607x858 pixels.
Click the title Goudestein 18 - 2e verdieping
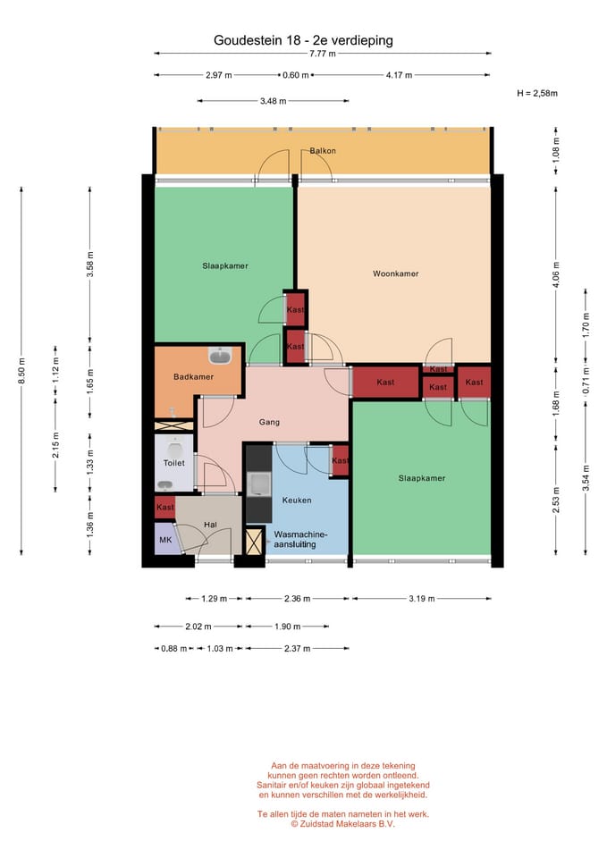click(303, 40)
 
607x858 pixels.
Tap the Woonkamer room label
click(395, 273)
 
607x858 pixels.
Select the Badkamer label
click(193, 376)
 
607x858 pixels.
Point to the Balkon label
click(323, 150)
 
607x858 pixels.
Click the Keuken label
click(297, 500)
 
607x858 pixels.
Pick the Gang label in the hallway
click(269, 422)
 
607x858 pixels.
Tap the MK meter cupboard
click(165, 540)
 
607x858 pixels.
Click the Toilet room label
click(174, 463)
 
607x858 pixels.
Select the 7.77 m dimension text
click(323, 54)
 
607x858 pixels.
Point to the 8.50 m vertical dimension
click(21, 370)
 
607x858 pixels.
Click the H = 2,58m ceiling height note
click(537, 93)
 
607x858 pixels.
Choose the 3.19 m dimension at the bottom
click(421, 599)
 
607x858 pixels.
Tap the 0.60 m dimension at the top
click(296, 75)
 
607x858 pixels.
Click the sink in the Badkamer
click(220, 356)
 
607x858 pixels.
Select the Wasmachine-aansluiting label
click(300, 540)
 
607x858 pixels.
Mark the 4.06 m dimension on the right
click(556, 274)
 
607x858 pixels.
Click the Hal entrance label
click(210, 525)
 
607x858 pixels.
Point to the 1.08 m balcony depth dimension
click(556, 150)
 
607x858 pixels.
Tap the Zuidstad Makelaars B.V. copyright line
click(342, 823)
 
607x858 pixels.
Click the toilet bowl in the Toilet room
click(174, 449)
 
